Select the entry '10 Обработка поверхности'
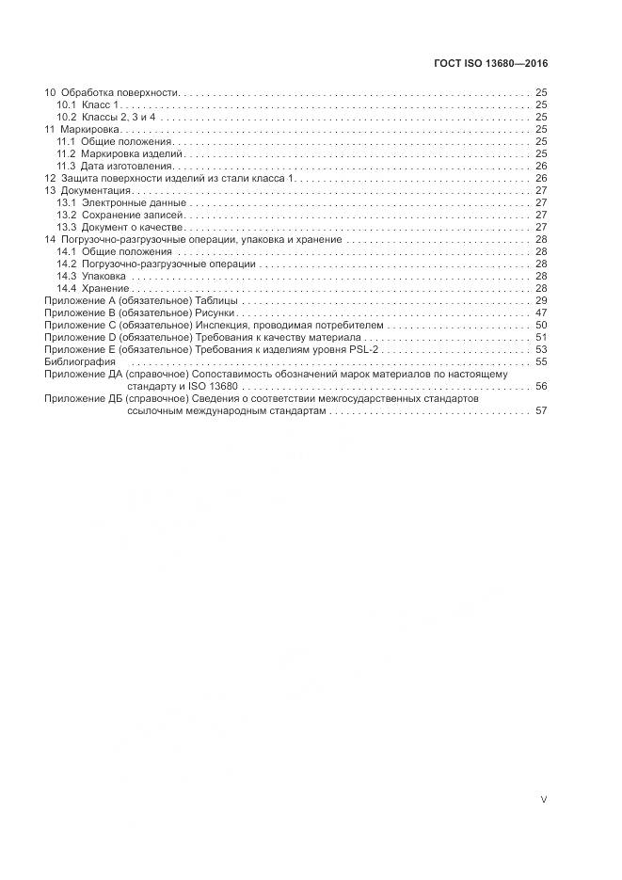(112, 94)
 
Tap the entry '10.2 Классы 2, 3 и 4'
(106, 118)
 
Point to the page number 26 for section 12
(541, 178)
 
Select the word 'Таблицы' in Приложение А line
(215, 300)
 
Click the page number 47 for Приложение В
(541, 312)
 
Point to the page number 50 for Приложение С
(541, 325)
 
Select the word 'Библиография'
(80, 361)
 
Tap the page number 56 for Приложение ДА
(541, 386)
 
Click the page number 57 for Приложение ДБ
(541, 410)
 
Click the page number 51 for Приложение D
(541, 337)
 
